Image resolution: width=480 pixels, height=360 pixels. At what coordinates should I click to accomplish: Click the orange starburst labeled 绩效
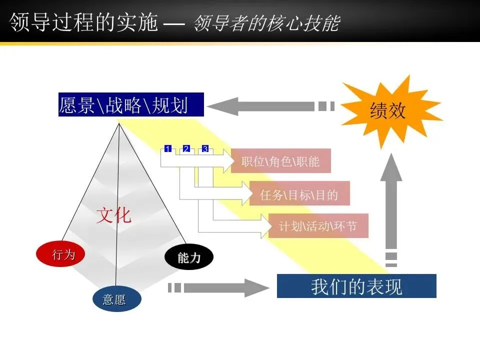(x=387, y=111)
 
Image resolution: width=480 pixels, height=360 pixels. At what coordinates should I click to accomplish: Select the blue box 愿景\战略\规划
(x=123, y=105)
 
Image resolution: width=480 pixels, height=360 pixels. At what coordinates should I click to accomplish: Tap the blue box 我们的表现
(x=356, y=286)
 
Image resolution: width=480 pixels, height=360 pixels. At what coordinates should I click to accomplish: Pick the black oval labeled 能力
(x=189, y=258)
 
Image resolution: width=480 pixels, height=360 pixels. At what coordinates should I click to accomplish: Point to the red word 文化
(x=114, y=215)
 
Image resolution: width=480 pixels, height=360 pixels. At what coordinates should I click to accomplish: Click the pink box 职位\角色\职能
(x=280, y=161)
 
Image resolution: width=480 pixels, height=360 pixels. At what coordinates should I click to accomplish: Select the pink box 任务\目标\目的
(x=299, y=194)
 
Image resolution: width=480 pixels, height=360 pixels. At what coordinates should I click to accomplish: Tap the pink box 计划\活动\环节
(x=318, y=226)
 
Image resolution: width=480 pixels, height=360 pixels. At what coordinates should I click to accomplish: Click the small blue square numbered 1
(x=168, y=149)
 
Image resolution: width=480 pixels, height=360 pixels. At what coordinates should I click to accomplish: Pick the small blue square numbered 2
(x=186, y=149)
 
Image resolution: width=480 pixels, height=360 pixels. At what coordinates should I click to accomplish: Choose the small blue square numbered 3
(x=205, y=149)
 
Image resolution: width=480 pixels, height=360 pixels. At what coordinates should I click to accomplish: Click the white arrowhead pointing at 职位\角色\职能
(x=229, y=161)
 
